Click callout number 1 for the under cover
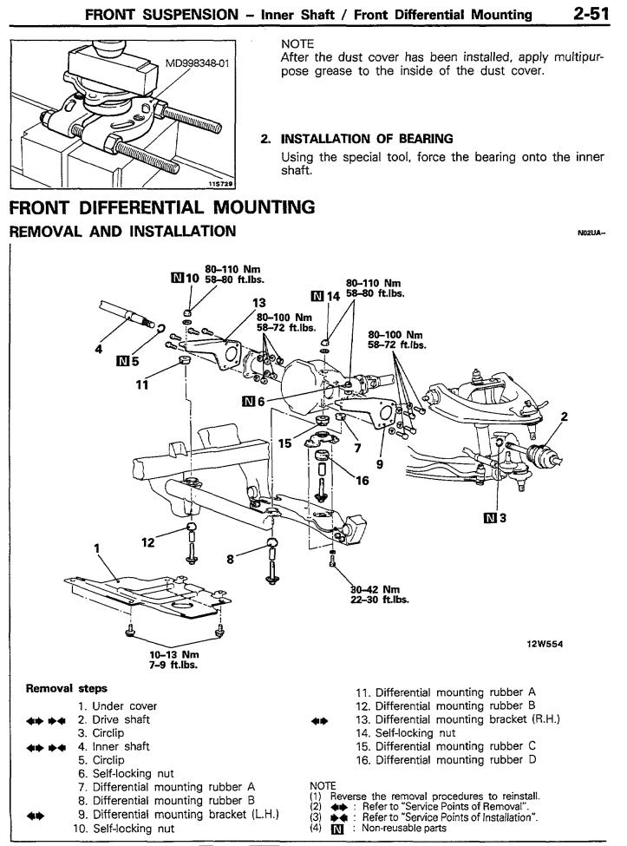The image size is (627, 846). tap(97, 548)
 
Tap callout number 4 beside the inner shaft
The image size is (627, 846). tap(99, 351)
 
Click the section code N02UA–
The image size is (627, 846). tap(592, 233)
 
